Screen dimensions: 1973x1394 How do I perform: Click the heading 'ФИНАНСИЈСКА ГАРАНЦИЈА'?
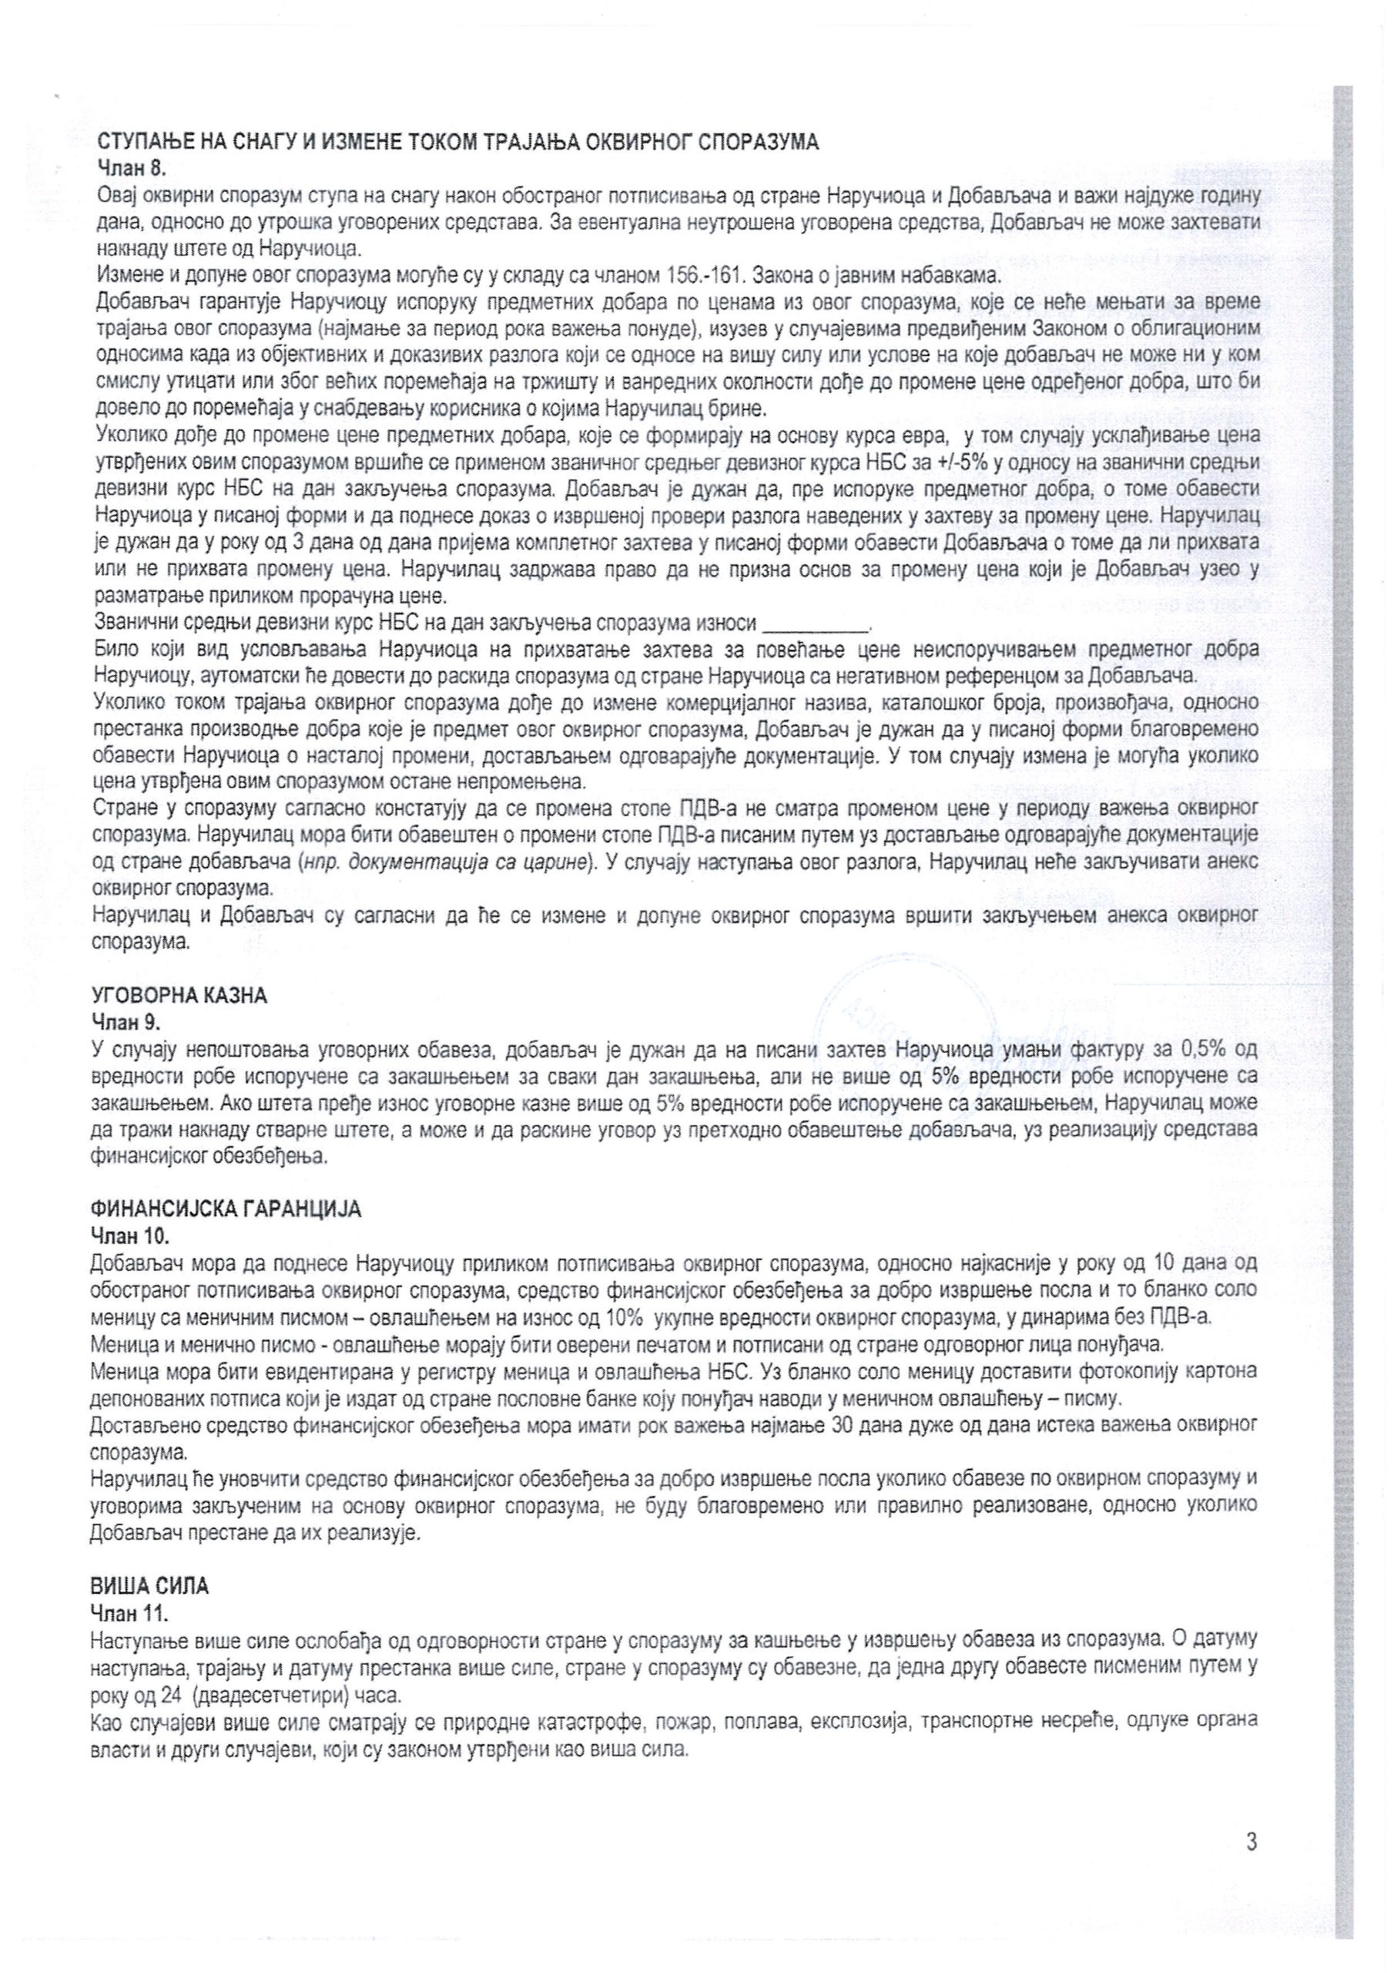click(226, 1209)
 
